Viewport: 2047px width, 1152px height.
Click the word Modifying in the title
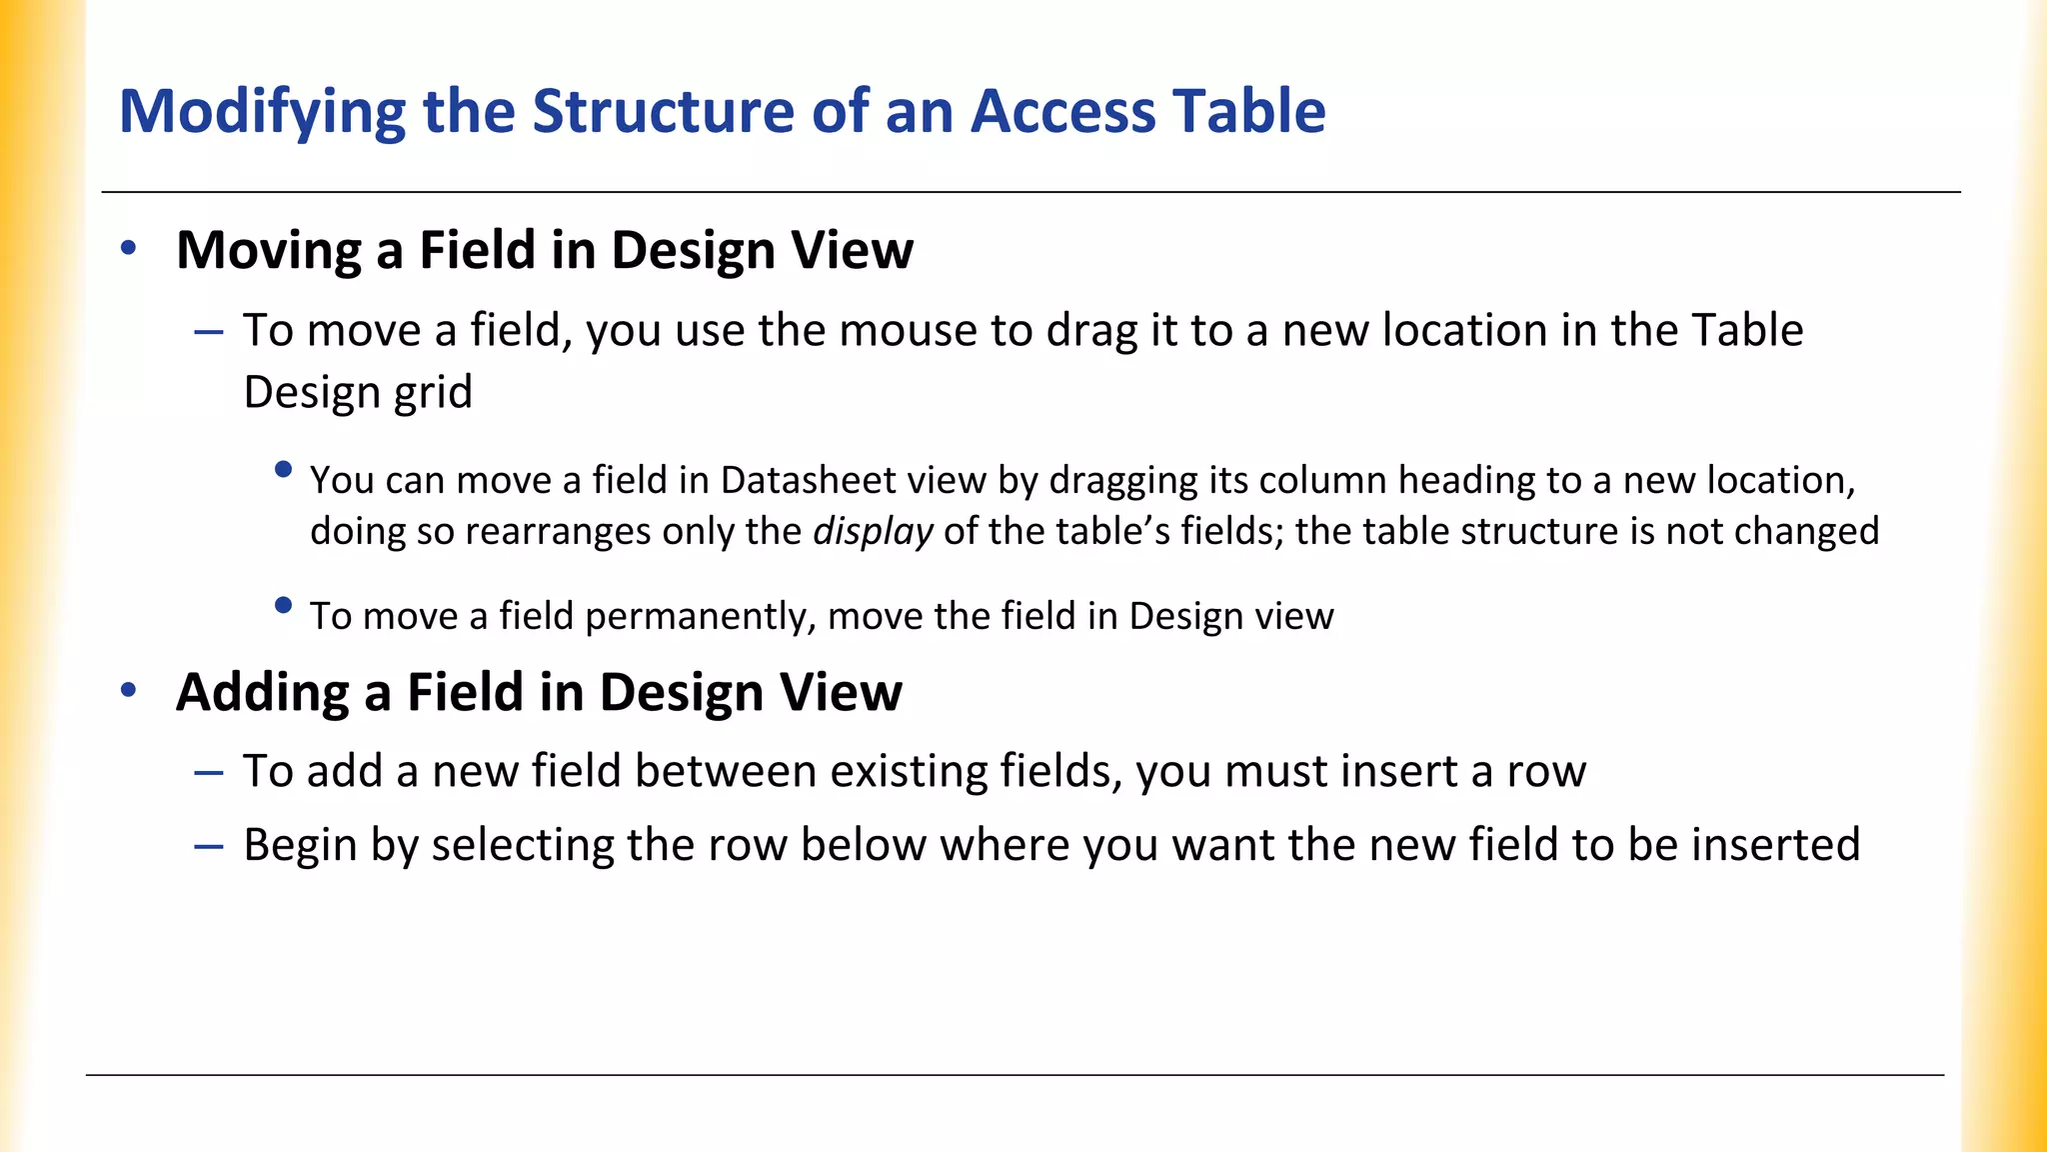click(262, 112)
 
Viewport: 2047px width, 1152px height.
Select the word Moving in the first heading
click(269, 250)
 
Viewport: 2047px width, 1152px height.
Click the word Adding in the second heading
click(263, 692)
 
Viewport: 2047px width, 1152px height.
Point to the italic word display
click(873, 532)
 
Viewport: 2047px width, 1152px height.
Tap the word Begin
click(301, 846)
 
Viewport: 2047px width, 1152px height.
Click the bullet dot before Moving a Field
click(128, 248)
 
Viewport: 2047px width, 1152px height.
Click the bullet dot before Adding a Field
click(128, 690)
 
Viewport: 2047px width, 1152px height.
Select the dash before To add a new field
click(209, 773)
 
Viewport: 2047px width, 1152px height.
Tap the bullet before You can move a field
click(283, 469)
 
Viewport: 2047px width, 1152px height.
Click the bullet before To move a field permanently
click(283, 605)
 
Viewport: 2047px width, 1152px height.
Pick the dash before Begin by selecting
click(209, 846)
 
